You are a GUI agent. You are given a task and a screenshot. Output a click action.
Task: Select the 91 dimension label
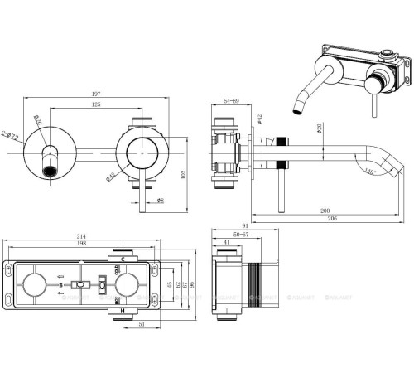[245, 225]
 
